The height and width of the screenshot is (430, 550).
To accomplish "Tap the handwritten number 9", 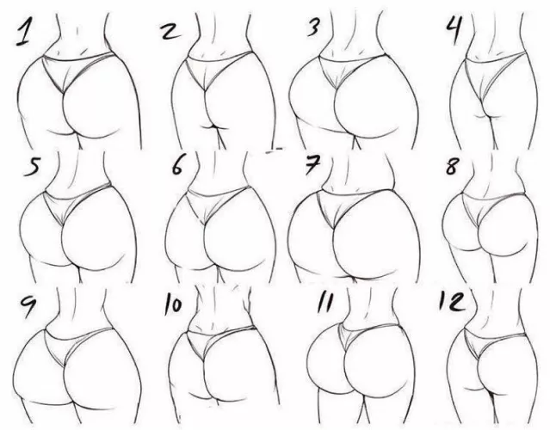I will click(x=26, y=305).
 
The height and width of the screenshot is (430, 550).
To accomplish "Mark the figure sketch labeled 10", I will click(x=215, y=365).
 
